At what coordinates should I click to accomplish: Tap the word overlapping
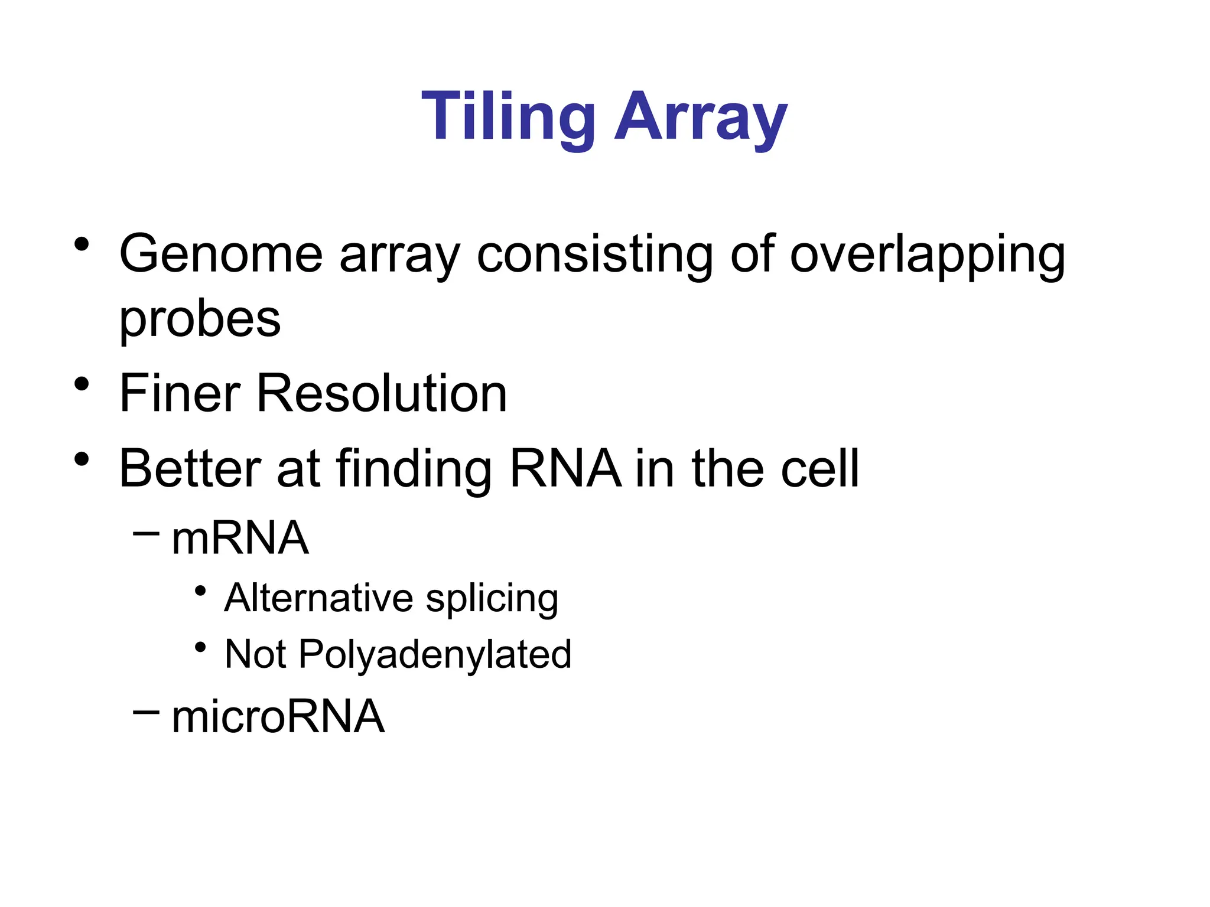(x=928, y=255)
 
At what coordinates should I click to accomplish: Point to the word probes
(x=200, y=320)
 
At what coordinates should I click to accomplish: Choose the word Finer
(x=180, y=393)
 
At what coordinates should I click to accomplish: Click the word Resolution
(x=381, y=393)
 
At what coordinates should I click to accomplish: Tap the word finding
(x=414, y=469)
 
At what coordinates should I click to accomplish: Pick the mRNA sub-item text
(x=240, y=539)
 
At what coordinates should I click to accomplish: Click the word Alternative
(x=318, y=598)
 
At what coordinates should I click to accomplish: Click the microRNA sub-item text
(x=278, y=716)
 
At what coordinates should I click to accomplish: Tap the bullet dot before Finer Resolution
(x=82, y=384)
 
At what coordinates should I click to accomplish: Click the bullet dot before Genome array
(x=82, y=244)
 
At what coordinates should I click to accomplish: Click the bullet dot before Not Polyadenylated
(x=200, y=647)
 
